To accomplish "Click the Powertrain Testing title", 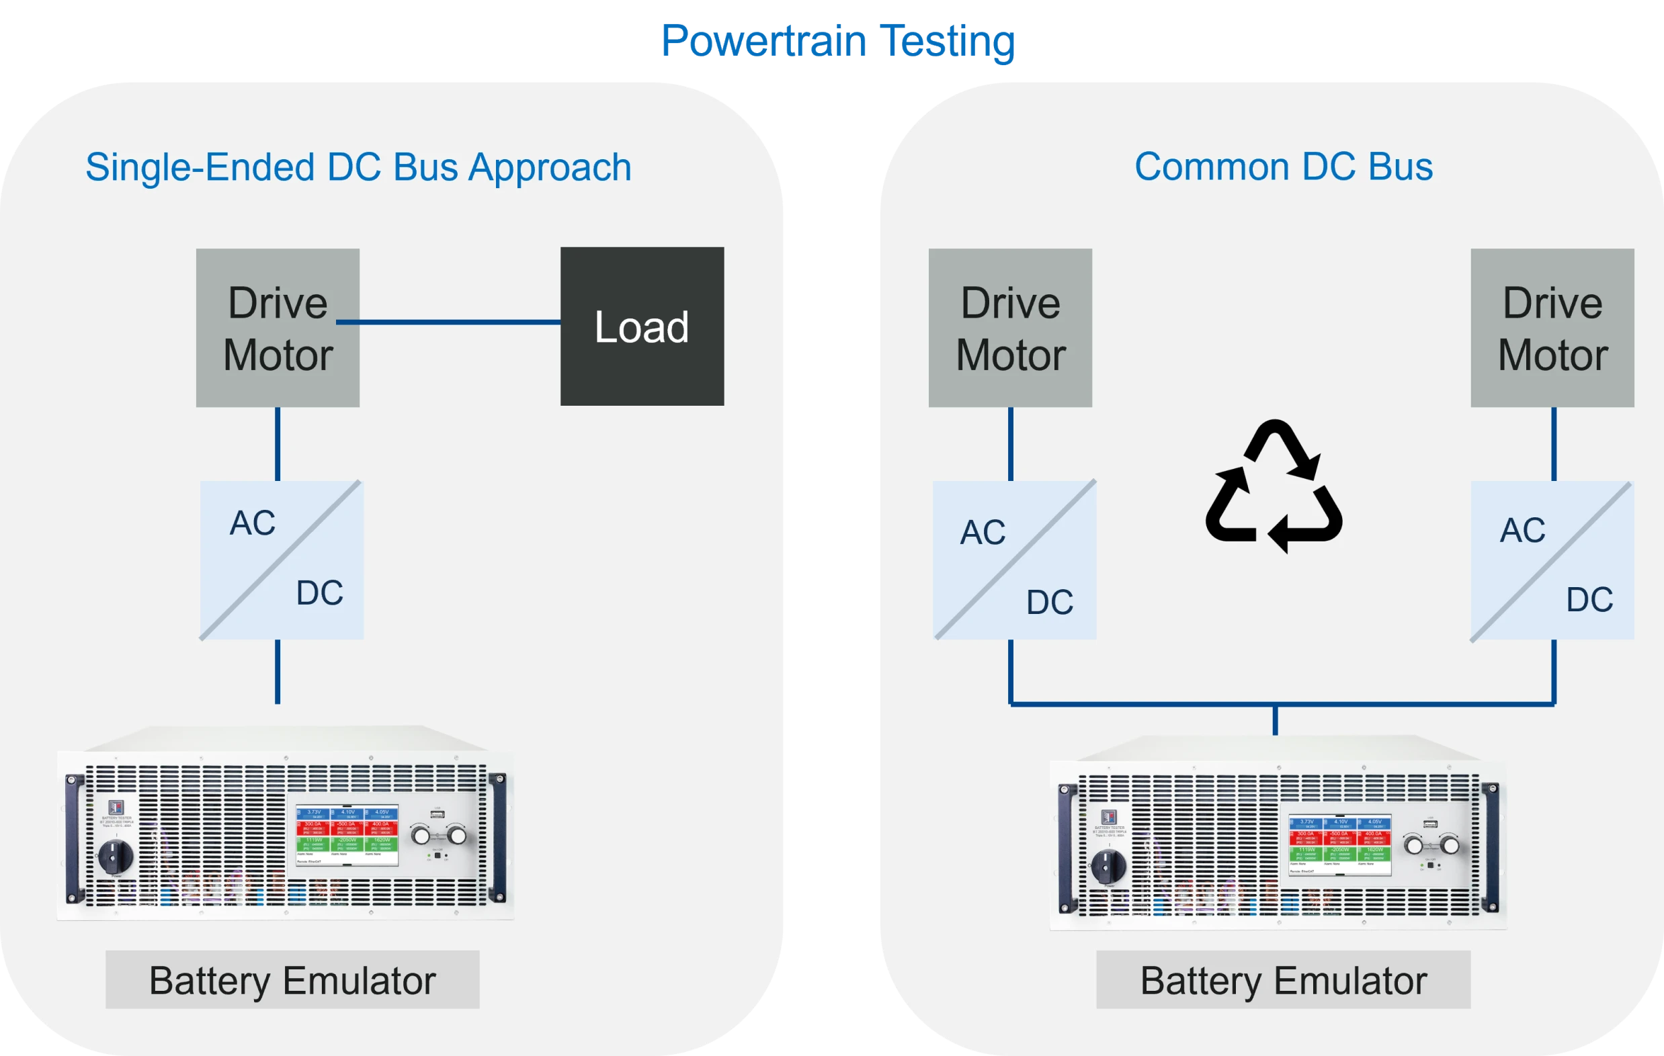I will [x=837, y=42].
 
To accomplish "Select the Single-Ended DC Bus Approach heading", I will [x=358, y=167].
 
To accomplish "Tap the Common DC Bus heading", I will [x=1283, y=167].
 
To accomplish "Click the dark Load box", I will [x=642, y=326].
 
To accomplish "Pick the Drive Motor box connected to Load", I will [x=277, y=328].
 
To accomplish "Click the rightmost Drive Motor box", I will [x=1552, y=328].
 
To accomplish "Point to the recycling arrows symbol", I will [x=1273, y=486].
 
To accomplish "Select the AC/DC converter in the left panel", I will [x=281, y=560].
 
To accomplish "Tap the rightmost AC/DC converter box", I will [x=1552, y=560].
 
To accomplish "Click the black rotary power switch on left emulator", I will [x=116, y=856].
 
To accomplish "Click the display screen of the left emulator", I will [x=347, y=835].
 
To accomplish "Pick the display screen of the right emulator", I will [x=1339, y=844].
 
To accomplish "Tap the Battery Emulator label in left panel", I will [x=292, y=980].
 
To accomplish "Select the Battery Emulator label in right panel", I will [x=1283, y=980].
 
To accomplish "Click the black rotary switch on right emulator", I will [x=1108, y=865].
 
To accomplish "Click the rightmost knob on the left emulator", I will [x=457, y=836].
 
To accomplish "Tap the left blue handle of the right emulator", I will [x=1067, y=848].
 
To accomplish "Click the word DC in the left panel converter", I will [x=319, y=592].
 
